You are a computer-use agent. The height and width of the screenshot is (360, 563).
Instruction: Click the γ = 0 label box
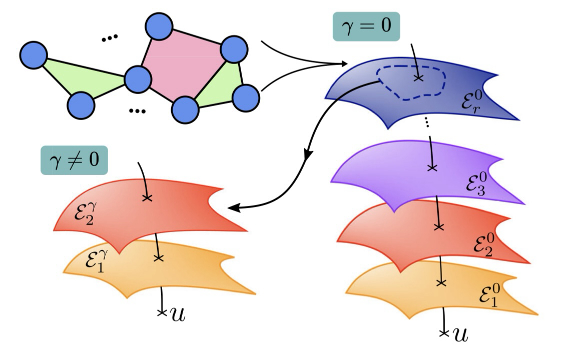[x=367, y=27]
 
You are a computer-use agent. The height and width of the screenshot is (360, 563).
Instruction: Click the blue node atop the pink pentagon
[x=159, y=26]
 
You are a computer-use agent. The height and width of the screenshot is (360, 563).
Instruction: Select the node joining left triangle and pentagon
[x=137, y=79]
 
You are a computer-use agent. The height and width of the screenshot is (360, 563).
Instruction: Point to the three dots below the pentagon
[x=136, y=111]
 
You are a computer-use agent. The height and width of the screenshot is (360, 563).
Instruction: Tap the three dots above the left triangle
[x=109, y=38]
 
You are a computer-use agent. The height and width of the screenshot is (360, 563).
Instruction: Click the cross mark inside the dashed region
[x=419, y=78]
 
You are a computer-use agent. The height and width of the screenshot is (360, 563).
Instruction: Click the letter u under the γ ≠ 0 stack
[x=176, y=314]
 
